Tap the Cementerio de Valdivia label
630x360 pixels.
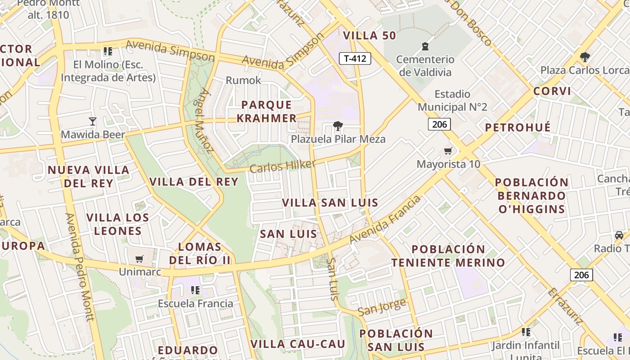click(x=425, y=66)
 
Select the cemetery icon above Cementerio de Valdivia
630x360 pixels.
click(x=425, y=46)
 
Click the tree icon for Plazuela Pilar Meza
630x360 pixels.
click(x=337, y=126)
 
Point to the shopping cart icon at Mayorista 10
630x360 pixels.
click(x=448, y=151)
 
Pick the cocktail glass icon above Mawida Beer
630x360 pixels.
click(x=93, y=121)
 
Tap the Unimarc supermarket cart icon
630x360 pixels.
click(x=139, y=259)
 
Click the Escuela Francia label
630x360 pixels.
click(x=195, y=303)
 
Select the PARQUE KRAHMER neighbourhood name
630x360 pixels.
click(x=267, y=111)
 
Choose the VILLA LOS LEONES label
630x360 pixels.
click(x=118, y=224)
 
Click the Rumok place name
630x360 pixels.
click(x=243, y=80)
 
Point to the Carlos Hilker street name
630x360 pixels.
click(x=282, y=166)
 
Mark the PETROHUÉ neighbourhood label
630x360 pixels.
click(x=517, y=127)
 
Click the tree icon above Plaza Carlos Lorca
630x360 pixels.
click(x=585, y=57)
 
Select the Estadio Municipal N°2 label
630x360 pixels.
click(x=453, y=100)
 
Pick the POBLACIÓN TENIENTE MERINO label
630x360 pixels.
click(x=448, y=256)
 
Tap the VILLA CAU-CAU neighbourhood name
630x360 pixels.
click(x=297, y=344)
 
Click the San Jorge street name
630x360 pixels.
click(x=382, y=308)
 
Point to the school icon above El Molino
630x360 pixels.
click(x=108, y=51)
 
